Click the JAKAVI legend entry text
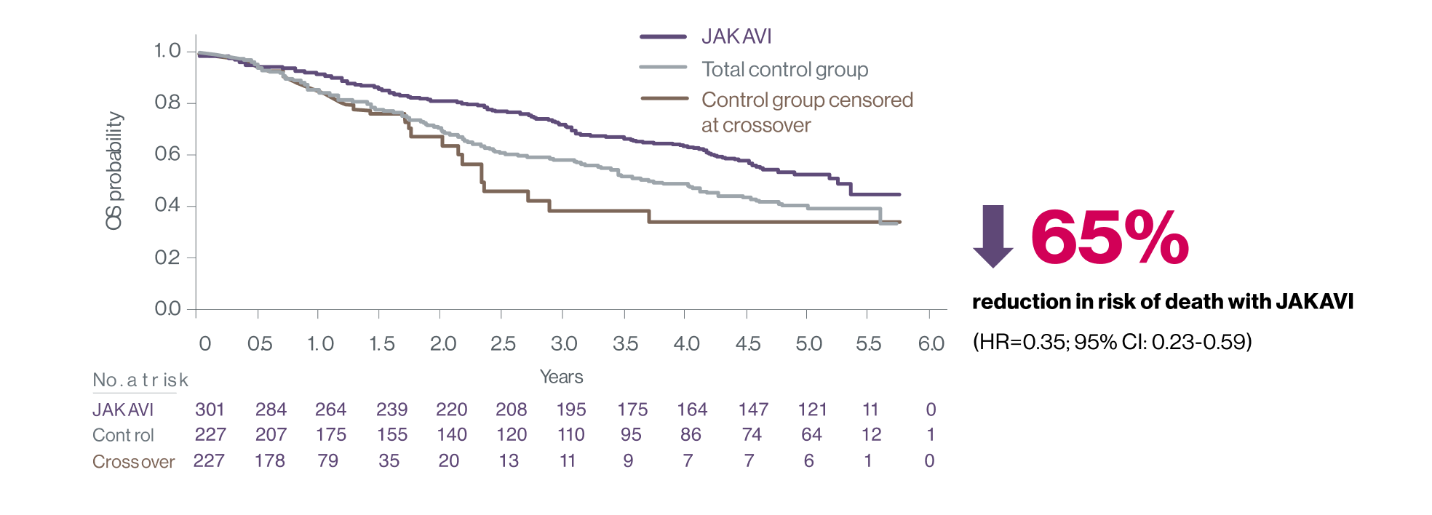(736, 36)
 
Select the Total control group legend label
(784, 69)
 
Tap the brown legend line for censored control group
(664, 98)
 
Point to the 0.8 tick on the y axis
(167, 103)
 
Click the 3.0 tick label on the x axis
(564, 343)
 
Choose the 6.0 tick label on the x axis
(931, 343)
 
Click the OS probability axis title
(114, 171)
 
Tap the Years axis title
(561, 377)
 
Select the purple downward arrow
(993, 236)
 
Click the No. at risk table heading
(140, 380)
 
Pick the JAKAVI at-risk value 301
(210, 410)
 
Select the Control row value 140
(452, 435)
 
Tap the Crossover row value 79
(328, 461)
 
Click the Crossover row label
(133, 462)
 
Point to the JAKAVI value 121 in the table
(812, 410)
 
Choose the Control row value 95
(631, 435)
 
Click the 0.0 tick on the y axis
(167, 309)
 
